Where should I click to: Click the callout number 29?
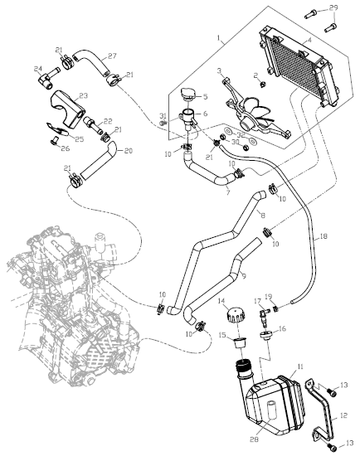(333, 7)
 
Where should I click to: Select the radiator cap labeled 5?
(188, 94)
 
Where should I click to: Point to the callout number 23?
(83, 95)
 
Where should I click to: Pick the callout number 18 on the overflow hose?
(323, 236)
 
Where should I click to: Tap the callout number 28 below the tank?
(254, 439)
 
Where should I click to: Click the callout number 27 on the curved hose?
(112, 56)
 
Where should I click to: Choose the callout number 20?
(128, 151)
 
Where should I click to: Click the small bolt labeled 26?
(54, 140)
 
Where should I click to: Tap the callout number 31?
(163, 116)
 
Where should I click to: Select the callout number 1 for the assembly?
(219, 38)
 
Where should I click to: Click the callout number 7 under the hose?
(228, 193)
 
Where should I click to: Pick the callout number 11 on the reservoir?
(299, 366)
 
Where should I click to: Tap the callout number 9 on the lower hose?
(244, 275)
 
